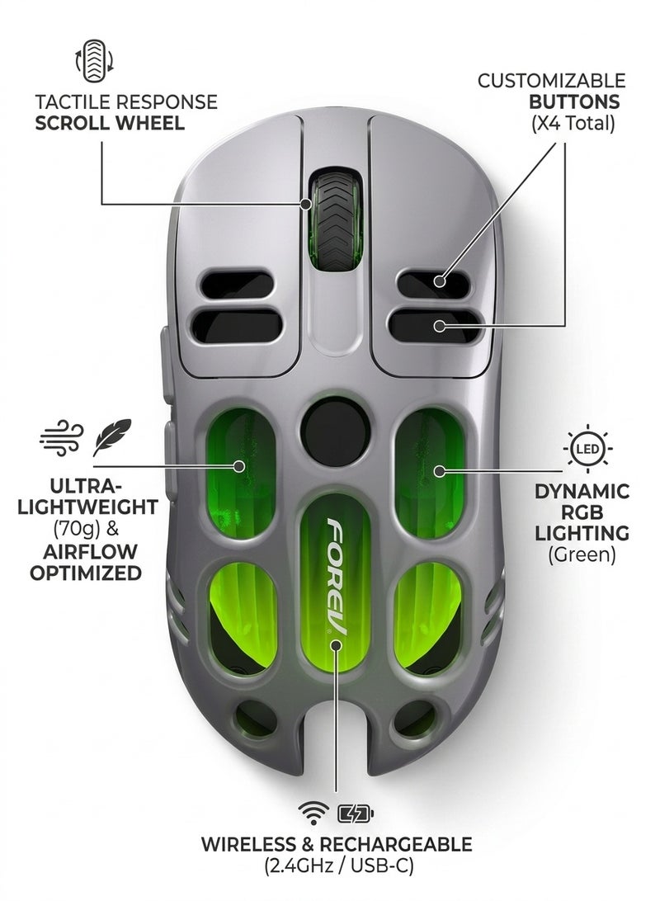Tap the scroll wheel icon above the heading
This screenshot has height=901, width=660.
click(94, 61)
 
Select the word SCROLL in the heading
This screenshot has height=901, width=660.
click(73, 123)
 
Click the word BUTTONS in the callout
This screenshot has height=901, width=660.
click(574, 101)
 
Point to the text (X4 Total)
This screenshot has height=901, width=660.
click(573, 123)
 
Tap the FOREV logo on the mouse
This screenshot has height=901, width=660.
click(337, 574)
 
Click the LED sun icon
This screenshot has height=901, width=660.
click(587, 448)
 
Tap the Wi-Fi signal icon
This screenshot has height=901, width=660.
click(313, 812)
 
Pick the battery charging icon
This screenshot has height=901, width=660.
click(356, 813)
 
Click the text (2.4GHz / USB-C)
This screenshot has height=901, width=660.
click(339, 866)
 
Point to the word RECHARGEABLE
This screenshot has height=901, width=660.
click(396, 844)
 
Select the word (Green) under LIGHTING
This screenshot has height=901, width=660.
click(582, 555)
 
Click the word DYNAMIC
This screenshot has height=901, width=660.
click(582, 491)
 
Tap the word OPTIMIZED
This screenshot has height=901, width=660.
click(86, 573)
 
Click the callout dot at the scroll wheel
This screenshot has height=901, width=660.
click(306, 204)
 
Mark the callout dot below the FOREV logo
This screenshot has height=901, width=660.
click(336, 645)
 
